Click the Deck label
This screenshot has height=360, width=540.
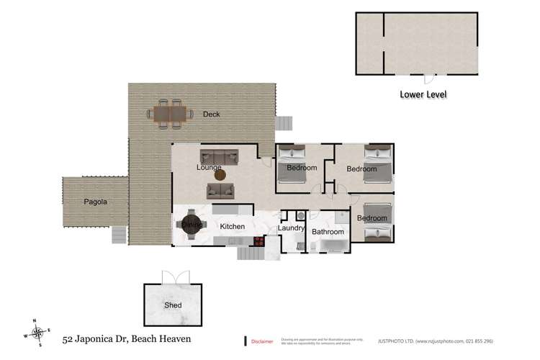point(211,114)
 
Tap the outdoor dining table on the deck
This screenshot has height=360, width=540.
point(170,114)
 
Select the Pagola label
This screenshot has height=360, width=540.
point(95,202)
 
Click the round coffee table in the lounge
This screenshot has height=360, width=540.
point(220,174)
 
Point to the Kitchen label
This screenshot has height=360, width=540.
point(233,227)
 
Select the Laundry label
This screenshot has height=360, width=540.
point(292,229)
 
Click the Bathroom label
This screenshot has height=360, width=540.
point(328,232)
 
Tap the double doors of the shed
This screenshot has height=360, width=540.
point(176,277)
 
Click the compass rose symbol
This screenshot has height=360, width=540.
point(37,333)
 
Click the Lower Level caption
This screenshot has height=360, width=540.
point(423,94)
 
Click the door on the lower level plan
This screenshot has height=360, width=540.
point(428,78)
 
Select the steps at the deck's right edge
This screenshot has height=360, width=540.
point(285,122)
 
